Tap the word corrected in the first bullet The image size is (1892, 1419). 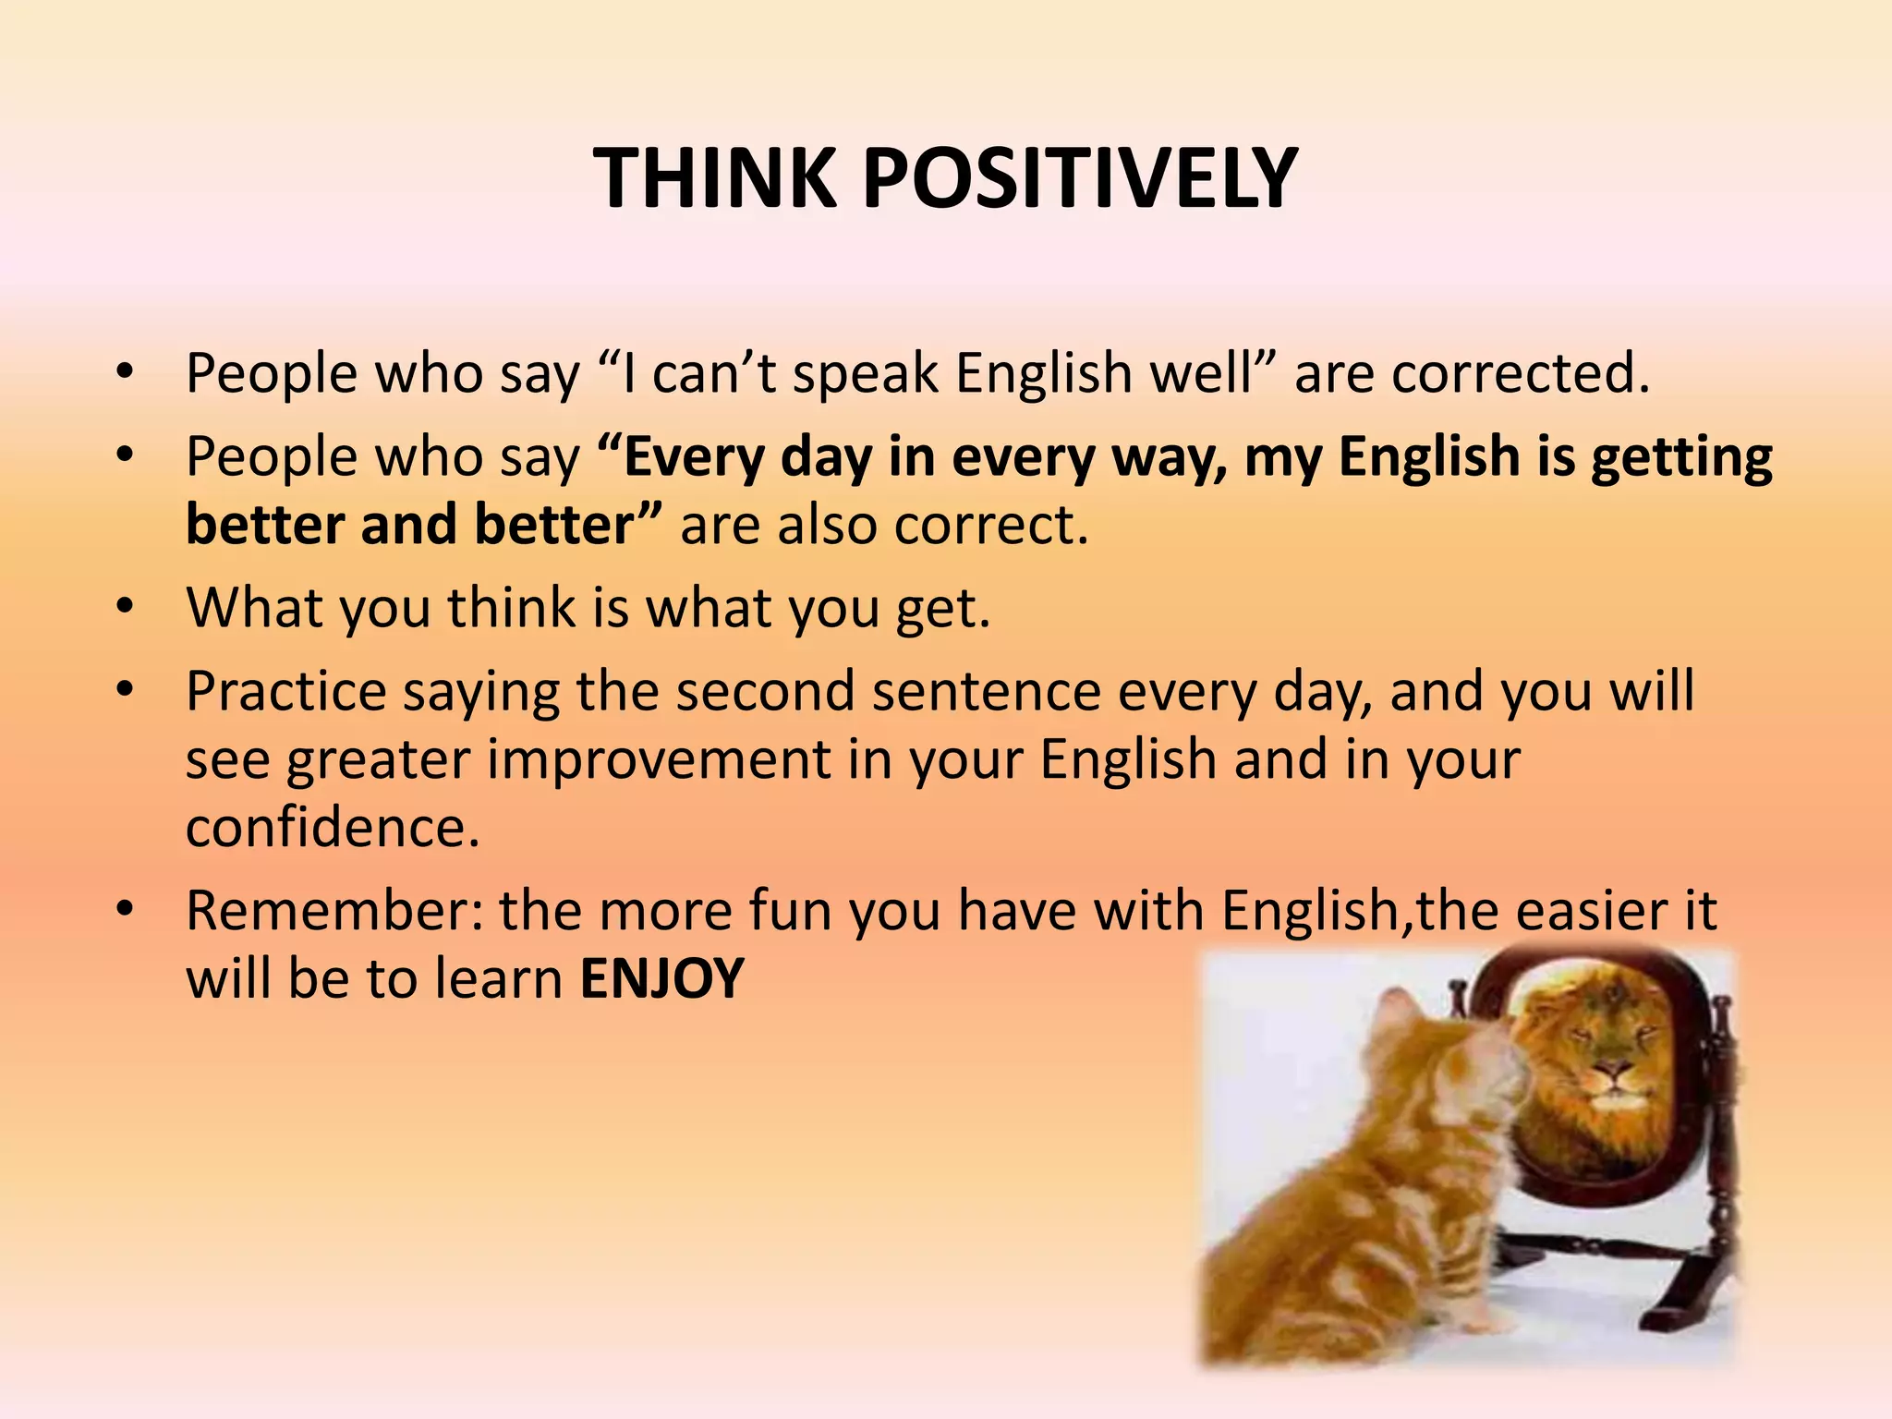(x=1520, y=374)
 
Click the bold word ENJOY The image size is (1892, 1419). (x=661, y=979)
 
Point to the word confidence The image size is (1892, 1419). (x=333, y=827)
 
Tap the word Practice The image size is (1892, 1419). (x=285, y=692)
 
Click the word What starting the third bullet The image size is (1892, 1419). (x=251, y=608)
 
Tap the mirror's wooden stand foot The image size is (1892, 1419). (x=1672, y=1312)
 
